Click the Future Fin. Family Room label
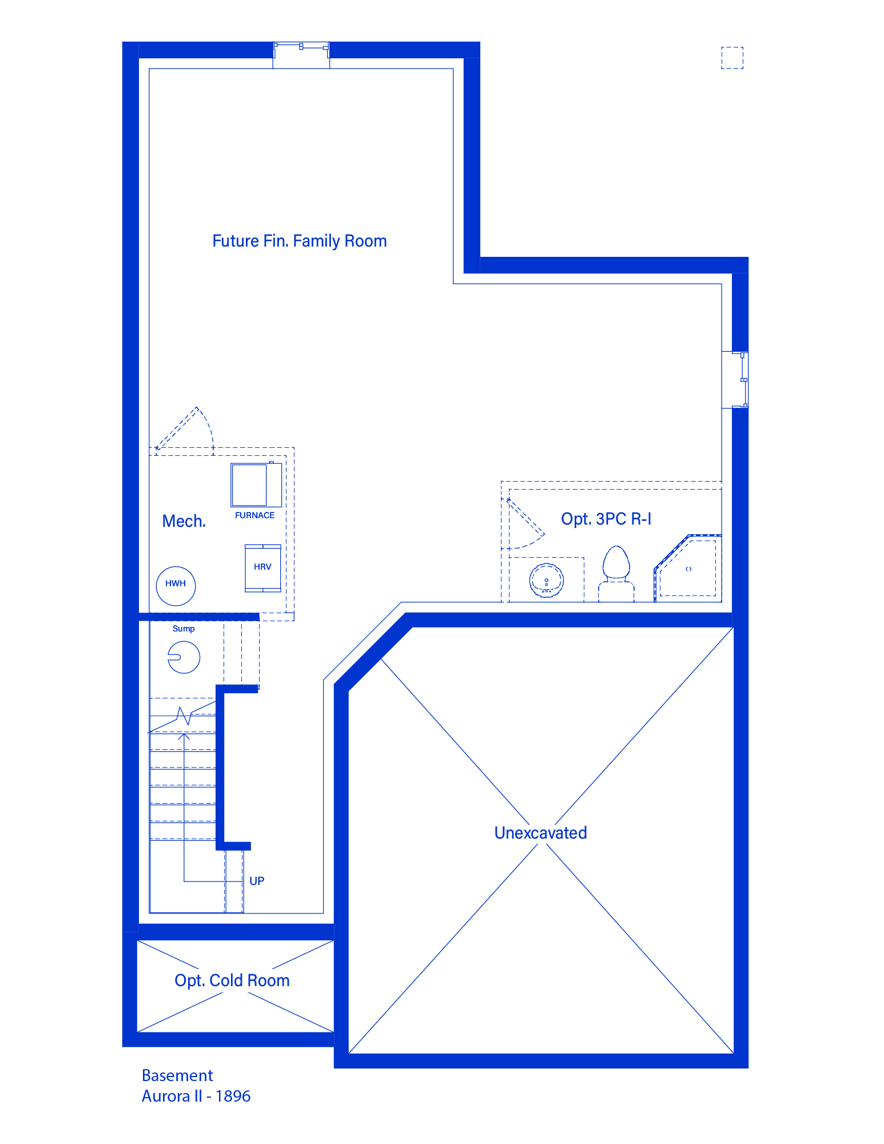299,241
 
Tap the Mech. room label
184,521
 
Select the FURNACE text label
254,515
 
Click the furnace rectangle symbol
256,484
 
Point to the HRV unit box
263,568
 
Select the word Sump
184,629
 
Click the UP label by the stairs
257,881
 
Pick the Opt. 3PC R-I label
606,519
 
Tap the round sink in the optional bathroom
547,581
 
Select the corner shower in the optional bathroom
688,568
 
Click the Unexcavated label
540,833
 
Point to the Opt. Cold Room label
232,980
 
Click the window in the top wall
301,50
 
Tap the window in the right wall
740,380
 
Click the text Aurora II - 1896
196,1096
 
